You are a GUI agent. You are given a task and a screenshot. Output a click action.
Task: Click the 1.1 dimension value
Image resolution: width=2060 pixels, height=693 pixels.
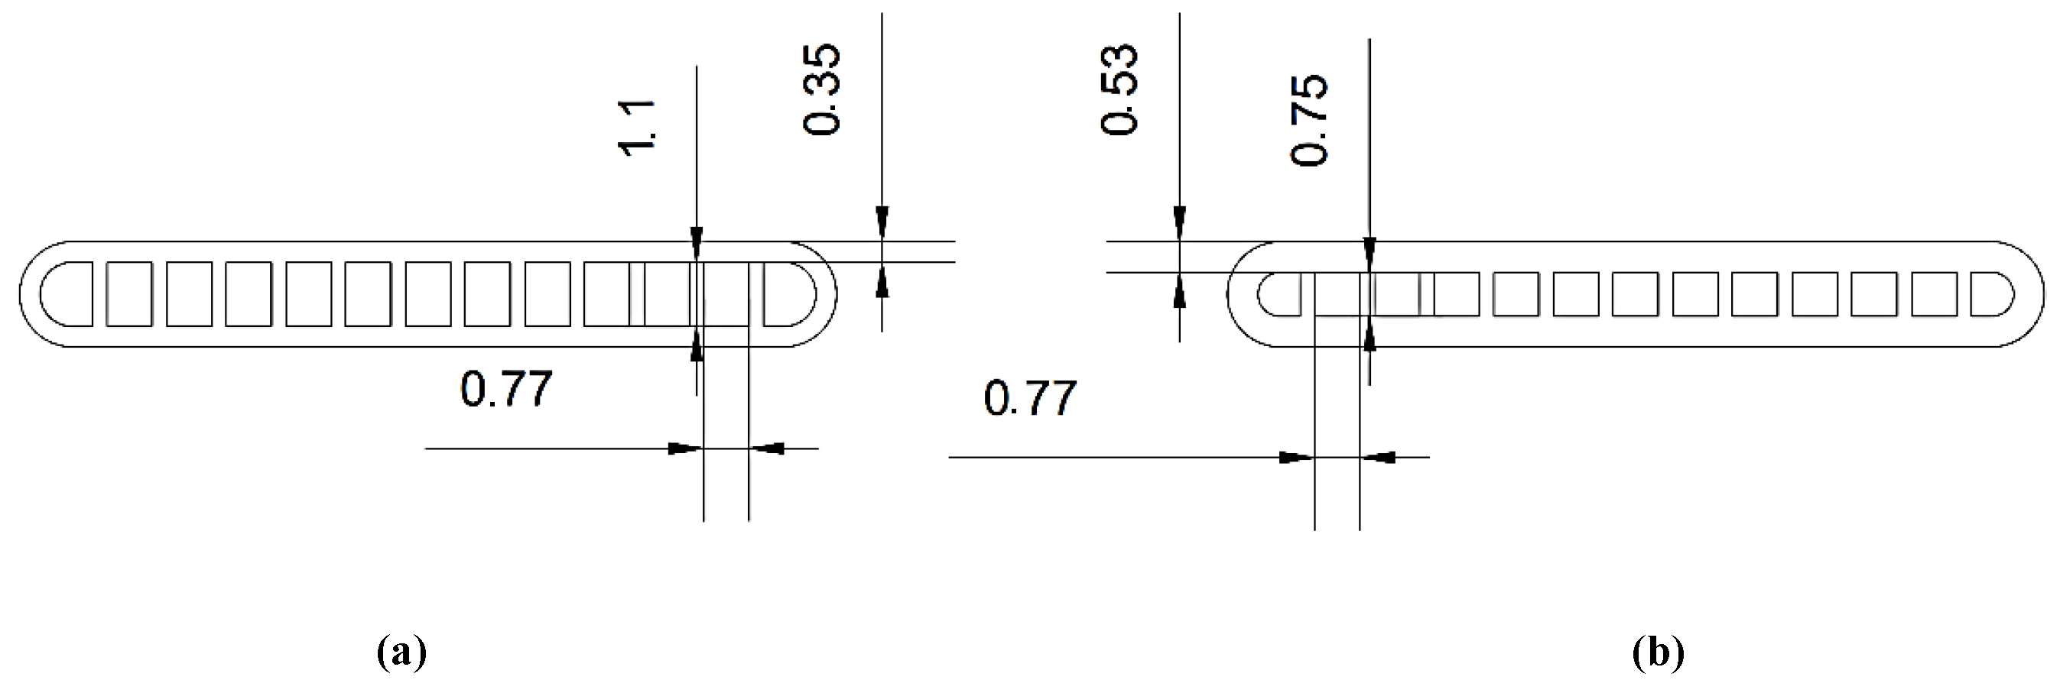click(x=639, y=128)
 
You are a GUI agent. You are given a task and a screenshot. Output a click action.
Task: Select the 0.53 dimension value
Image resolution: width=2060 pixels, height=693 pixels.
click(x=1119, y=89)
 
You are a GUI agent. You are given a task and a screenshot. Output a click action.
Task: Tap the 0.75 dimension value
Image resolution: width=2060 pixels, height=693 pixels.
click(x=1309, y=120)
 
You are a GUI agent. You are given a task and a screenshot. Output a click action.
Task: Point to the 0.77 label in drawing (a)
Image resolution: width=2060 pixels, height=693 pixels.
click(x=505, y=389)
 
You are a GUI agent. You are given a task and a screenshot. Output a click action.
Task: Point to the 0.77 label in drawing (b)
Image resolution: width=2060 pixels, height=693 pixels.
click(x=1029, y=399)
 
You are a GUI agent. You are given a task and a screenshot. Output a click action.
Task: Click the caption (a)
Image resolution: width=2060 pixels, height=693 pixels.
click(x=401, y=653)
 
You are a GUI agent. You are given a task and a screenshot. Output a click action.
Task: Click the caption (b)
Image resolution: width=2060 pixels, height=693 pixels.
click(x=1658, y=653)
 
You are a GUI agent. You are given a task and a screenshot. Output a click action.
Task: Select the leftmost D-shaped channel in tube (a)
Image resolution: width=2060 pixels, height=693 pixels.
click(x=67, y=293)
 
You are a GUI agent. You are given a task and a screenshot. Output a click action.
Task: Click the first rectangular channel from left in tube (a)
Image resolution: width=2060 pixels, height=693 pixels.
click(x=128, y=293)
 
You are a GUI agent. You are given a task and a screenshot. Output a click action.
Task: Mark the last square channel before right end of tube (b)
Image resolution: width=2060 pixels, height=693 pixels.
click(x=1934, y=293)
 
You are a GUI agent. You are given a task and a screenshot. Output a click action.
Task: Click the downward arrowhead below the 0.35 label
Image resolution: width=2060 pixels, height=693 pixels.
click(x=882, y=223)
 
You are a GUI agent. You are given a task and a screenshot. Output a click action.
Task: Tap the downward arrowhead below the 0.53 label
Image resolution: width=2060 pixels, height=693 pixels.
click(x=1180, y=223)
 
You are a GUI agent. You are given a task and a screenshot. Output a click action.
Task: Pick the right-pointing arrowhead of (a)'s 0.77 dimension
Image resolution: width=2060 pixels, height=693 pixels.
click(x=684, y=449)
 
